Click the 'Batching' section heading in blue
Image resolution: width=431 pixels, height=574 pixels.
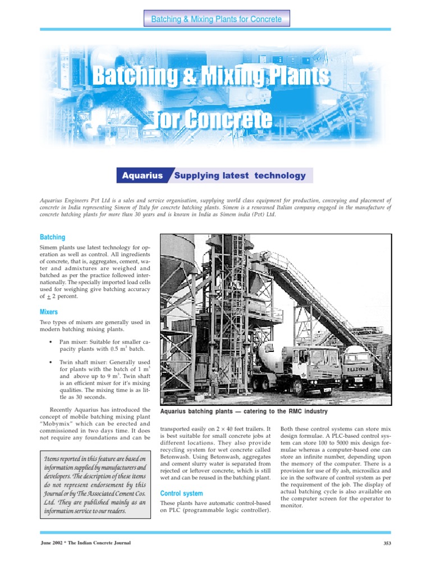tap(52, 237)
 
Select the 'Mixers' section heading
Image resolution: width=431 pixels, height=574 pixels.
tap(49, 311)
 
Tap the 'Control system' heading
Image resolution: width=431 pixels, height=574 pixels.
tap(181, 493)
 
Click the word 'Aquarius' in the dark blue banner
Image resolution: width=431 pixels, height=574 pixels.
tap(143, 175)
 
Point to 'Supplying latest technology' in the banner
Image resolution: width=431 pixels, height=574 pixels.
tap(240, 175)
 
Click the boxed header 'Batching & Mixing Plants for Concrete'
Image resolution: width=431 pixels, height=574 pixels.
tap(216, 20)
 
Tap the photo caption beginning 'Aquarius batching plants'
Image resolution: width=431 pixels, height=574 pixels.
tap(244, 411)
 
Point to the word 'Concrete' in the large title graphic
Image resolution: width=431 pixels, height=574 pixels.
tap(228, 119)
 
